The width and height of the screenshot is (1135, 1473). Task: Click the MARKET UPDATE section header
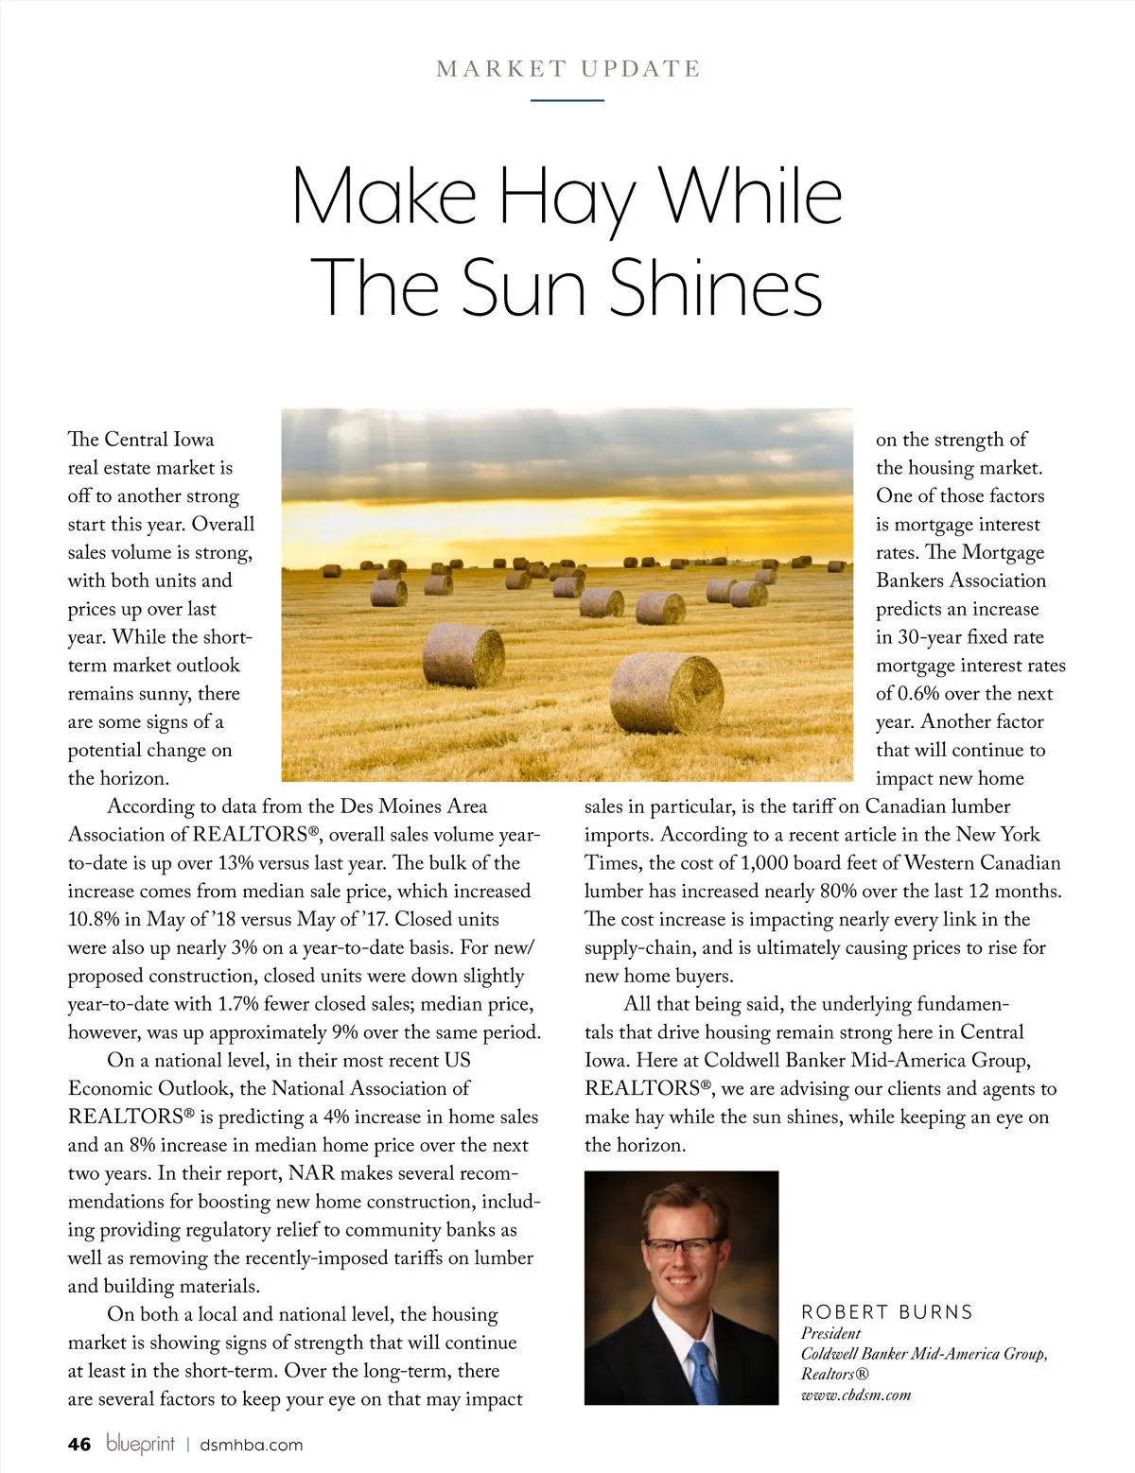(567, 69)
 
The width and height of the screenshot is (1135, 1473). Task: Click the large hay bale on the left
(463, 654)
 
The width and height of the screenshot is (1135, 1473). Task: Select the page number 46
(79, 1445)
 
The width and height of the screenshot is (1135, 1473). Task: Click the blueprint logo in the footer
(140, 1445)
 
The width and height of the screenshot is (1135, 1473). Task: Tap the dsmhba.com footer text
(252, 1445)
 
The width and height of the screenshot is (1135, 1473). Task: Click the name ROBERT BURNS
(886, 1312)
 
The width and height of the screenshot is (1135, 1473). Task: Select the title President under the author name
(830, 1333)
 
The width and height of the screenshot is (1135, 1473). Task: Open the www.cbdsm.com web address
(855, 1395)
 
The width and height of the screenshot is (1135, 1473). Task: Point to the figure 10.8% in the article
(97, 919)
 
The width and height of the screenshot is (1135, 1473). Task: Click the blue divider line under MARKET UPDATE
(567, 99)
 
